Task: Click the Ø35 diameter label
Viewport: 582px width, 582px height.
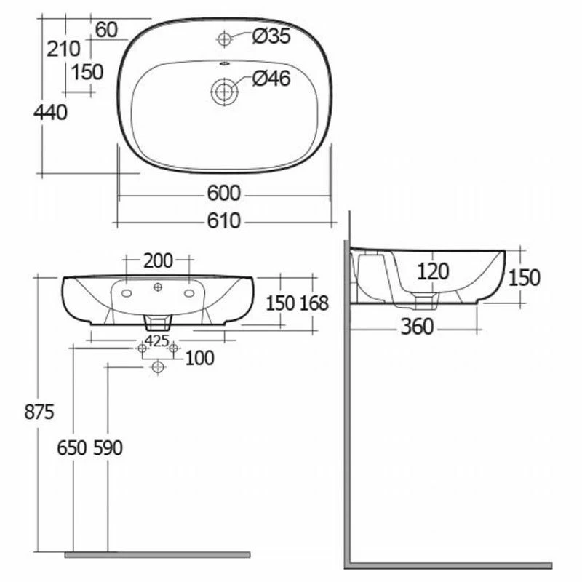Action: tap(271, 36)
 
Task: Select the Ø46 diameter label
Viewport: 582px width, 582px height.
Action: tap(271, 79)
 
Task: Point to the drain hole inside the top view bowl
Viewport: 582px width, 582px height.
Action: tap(225, 92)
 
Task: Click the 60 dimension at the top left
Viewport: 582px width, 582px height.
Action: tap(106, 30)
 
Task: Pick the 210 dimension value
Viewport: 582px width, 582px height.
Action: tap(63, 49)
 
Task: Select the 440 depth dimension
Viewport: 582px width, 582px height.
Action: tap(50, 112)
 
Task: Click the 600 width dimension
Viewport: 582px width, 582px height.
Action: tap(223, 194)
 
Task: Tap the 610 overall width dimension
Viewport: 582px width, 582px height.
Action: tap(223, 220)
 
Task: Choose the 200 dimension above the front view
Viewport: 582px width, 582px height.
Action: tap(158, 260)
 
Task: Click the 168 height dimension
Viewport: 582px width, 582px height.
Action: tap(314, 303)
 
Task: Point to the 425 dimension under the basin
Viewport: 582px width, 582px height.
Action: tap(157, 340)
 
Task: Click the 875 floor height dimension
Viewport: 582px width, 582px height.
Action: tap(39, 412)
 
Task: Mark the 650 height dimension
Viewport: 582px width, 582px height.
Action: tap(73, 448)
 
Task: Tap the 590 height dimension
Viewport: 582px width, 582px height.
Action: tap(108, 448)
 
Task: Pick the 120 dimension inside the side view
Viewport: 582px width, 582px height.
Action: tap(433, 271)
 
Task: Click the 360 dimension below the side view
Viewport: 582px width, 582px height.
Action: tap(417, 327)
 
